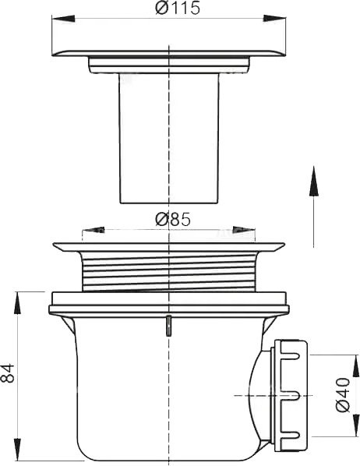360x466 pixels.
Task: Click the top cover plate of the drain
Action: tap(168, 50)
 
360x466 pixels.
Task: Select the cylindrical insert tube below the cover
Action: tap(168, 140)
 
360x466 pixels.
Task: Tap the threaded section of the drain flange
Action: tap(168, 269)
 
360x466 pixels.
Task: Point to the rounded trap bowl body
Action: tap(156, 390)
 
